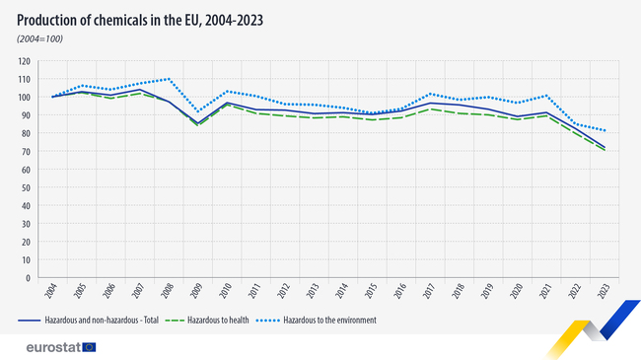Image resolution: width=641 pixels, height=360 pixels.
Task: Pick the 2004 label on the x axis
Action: point(51,293)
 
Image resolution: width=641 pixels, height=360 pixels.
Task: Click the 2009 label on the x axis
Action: point(197,293)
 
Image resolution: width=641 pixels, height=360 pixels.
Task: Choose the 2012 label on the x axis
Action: point(284,293)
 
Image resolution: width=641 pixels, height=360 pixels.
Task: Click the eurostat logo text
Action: point(48,346)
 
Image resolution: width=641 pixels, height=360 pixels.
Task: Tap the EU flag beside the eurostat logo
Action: point(90,346)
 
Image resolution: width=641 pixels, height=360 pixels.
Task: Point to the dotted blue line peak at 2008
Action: point(170,79)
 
